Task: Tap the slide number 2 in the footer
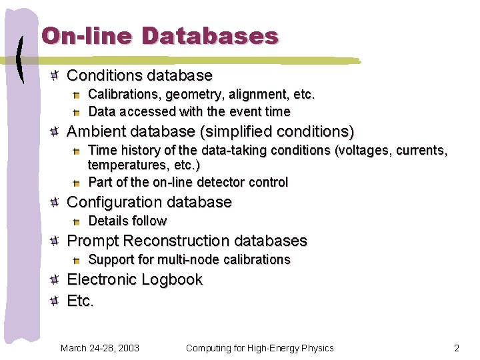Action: point(457,348)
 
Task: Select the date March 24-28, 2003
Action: point(100,348)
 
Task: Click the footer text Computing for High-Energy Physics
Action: point(260,348)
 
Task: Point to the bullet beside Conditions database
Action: point(56,75)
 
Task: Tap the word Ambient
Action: point(96,131)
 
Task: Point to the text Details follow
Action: point(127,221)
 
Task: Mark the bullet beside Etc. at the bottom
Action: point(56,301)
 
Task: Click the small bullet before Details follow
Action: point(77,221)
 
